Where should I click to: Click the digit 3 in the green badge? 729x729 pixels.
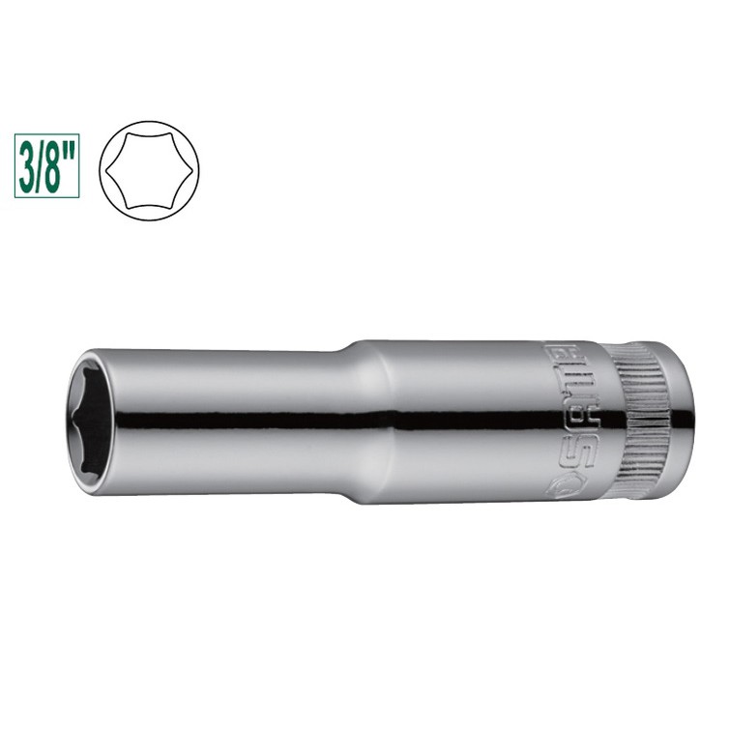pyautogui.click(x=27, y=165)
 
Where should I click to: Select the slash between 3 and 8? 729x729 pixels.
pyautogui.click(x=40, y=165)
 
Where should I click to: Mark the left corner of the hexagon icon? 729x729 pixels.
pyautogui.click(x=106, y=171)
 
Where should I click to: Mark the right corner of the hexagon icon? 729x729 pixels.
pyautogui.click(x=192, y=171)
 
